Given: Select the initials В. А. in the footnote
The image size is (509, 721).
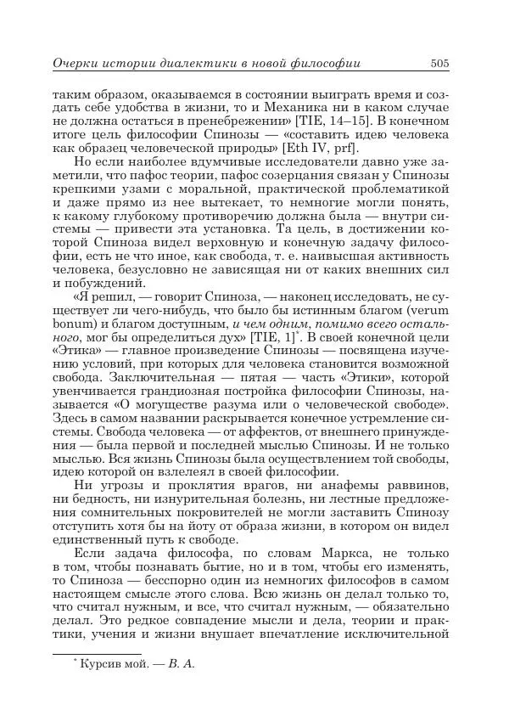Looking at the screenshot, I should pos(182,664).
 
